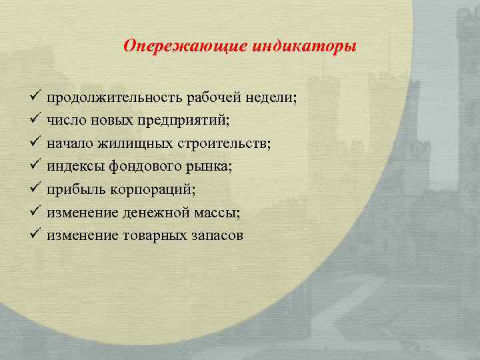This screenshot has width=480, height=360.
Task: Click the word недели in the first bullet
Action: click(271, 99)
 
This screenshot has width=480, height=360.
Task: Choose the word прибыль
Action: click(73, 190)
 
